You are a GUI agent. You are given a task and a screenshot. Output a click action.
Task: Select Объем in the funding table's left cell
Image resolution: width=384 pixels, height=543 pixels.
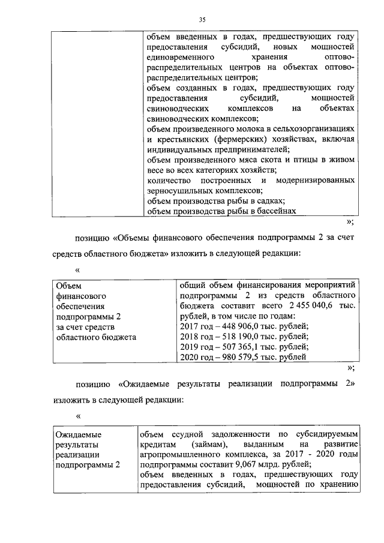[67, 285]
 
